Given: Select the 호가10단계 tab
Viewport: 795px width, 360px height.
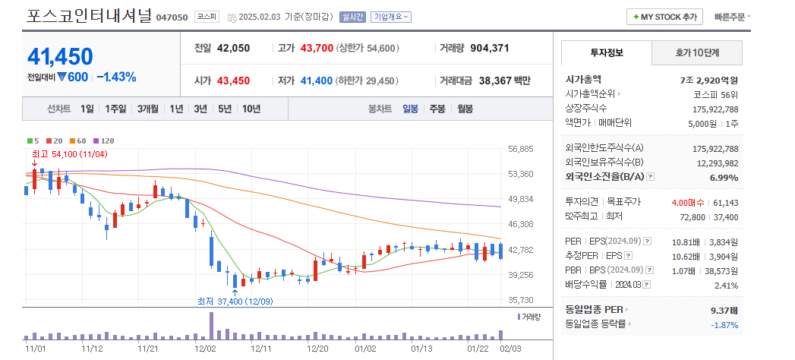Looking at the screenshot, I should [697, 52].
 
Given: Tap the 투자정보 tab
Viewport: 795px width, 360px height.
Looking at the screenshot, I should [606, 52].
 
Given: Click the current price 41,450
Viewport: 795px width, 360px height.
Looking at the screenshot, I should [60, 56].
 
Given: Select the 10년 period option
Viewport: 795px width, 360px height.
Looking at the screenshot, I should [251, 109].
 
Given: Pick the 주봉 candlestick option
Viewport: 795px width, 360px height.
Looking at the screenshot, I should [437, 109].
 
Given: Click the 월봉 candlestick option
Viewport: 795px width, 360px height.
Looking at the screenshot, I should [464, 109].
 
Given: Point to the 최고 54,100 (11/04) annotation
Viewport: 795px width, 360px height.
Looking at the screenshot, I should [70, 153].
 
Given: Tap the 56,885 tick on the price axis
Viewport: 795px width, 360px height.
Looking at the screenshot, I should [521, 149].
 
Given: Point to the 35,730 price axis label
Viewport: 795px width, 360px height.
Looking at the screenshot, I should [521, 300].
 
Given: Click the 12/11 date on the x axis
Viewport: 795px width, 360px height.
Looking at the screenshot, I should [260, 348].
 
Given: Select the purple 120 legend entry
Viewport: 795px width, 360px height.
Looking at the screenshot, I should [104, 141].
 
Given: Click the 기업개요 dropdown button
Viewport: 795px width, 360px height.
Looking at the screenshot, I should [391, 17].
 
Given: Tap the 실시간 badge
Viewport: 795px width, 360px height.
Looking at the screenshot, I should [353, 17].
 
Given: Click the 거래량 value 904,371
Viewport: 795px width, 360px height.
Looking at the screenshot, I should [490, 48].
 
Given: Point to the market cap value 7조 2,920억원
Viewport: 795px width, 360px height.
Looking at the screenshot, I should [709, 79].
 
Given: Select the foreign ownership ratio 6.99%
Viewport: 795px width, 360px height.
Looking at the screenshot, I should [724, 177].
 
